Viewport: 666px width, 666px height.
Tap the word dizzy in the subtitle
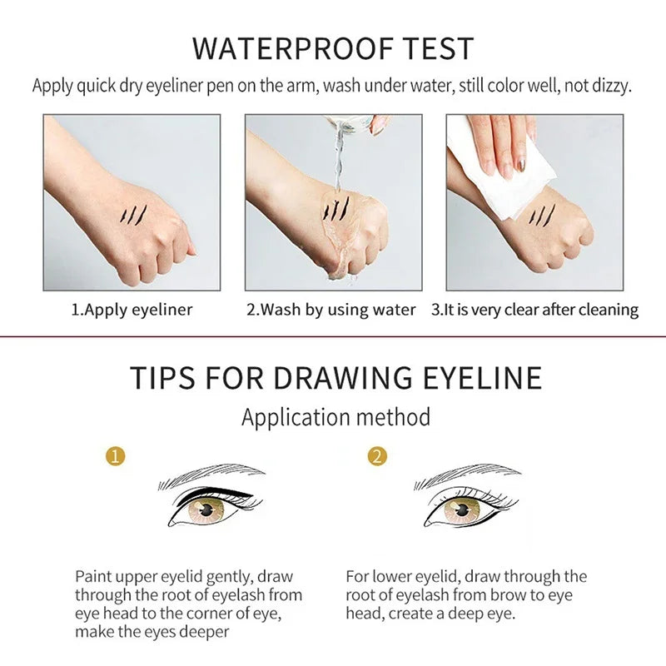click(x=611, y=86)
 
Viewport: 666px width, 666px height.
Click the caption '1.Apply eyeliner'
click(x=132, y=310)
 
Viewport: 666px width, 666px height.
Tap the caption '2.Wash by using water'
click(x=331, y=310)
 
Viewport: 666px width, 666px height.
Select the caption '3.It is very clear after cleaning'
click(x=534, y=310)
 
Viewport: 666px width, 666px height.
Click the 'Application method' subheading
click(x=335, y=416)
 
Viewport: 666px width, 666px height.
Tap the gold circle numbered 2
click(x=379, y=456)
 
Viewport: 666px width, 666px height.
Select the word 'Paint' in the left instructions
click(x=94, y=576)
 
